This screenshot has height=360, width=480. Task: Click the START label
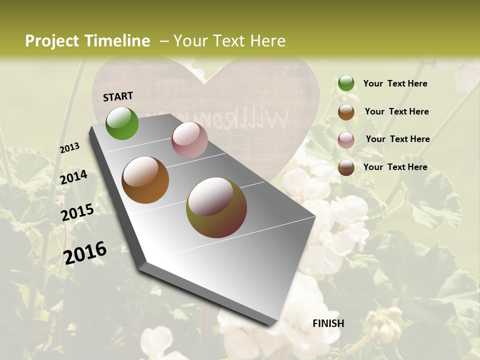tap(118, 96)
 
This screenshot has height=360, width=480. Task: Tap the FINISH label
tap(328, 323)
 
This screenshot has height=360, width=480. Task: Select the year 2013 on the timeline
tap(69, 148)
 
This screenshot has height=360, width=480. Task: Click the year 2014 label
tap(73, 177)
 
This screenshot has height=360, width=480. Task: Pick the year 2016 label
tap(85, 252)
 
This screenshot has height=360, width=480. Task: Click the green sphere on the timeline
tap(122, 123)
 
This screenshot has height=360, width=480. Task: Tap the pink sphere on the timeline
tap(189, 140)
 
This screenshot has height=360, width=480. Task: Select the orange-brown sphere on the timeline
tap(145, 180)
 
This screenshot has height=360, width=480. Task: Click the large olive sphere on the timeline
tap(216, 207)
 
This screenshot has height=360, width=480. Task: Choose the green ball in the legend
tap(346, 83)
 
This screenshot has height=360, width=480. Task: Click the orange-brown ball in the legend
tap(346, 112)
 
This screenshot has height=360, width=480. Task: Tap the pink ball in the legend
tap(346, 140)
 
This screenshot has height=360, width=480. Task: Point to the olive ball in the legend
tap(346, 168)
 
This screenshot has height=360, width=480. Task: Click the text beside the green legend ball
tap(395, 83)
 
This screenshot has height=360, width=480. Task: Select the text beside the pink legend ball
tap(397, 139)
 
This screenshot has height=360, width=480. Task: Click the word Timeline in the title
tap(115, 41)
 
